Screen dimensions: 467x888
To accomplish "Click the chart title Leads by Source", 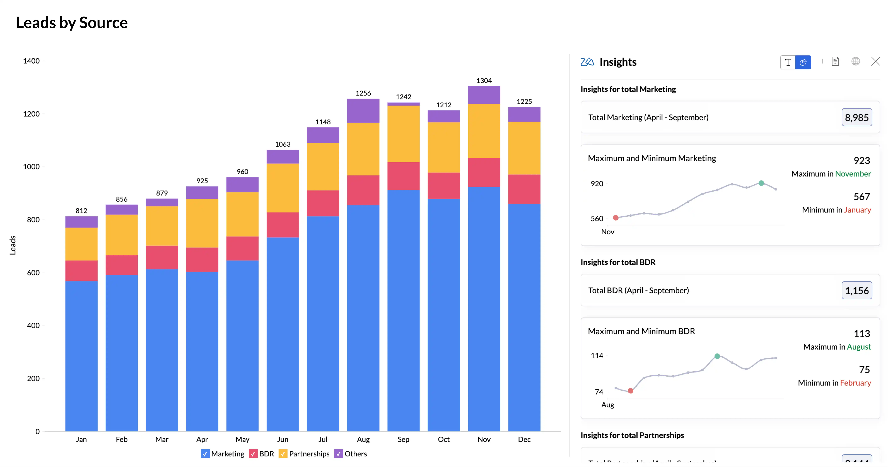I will tap(72, 23).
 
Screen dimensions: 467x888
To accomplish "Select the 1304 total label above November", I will tap(484, 81).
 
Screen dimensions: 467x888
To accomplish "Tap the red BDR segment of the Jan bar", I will tap(81, 271).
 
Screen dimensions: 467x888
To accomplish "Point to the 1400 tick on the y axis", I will tap(31, 61).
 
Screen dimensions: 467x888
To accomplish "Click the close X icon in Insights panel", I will tap(875, 62).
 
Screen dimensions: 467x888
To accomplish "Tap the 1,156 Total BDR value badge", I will tap(857, 290).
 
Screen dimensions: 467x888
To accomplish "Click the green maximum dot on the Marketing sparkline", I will tap(761, 183).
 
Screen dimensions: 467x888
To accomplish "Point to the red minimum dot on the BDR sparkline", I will tap(630, 391).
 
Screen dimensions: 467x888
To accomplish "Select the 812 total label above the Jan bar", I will tap(81, 210).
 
